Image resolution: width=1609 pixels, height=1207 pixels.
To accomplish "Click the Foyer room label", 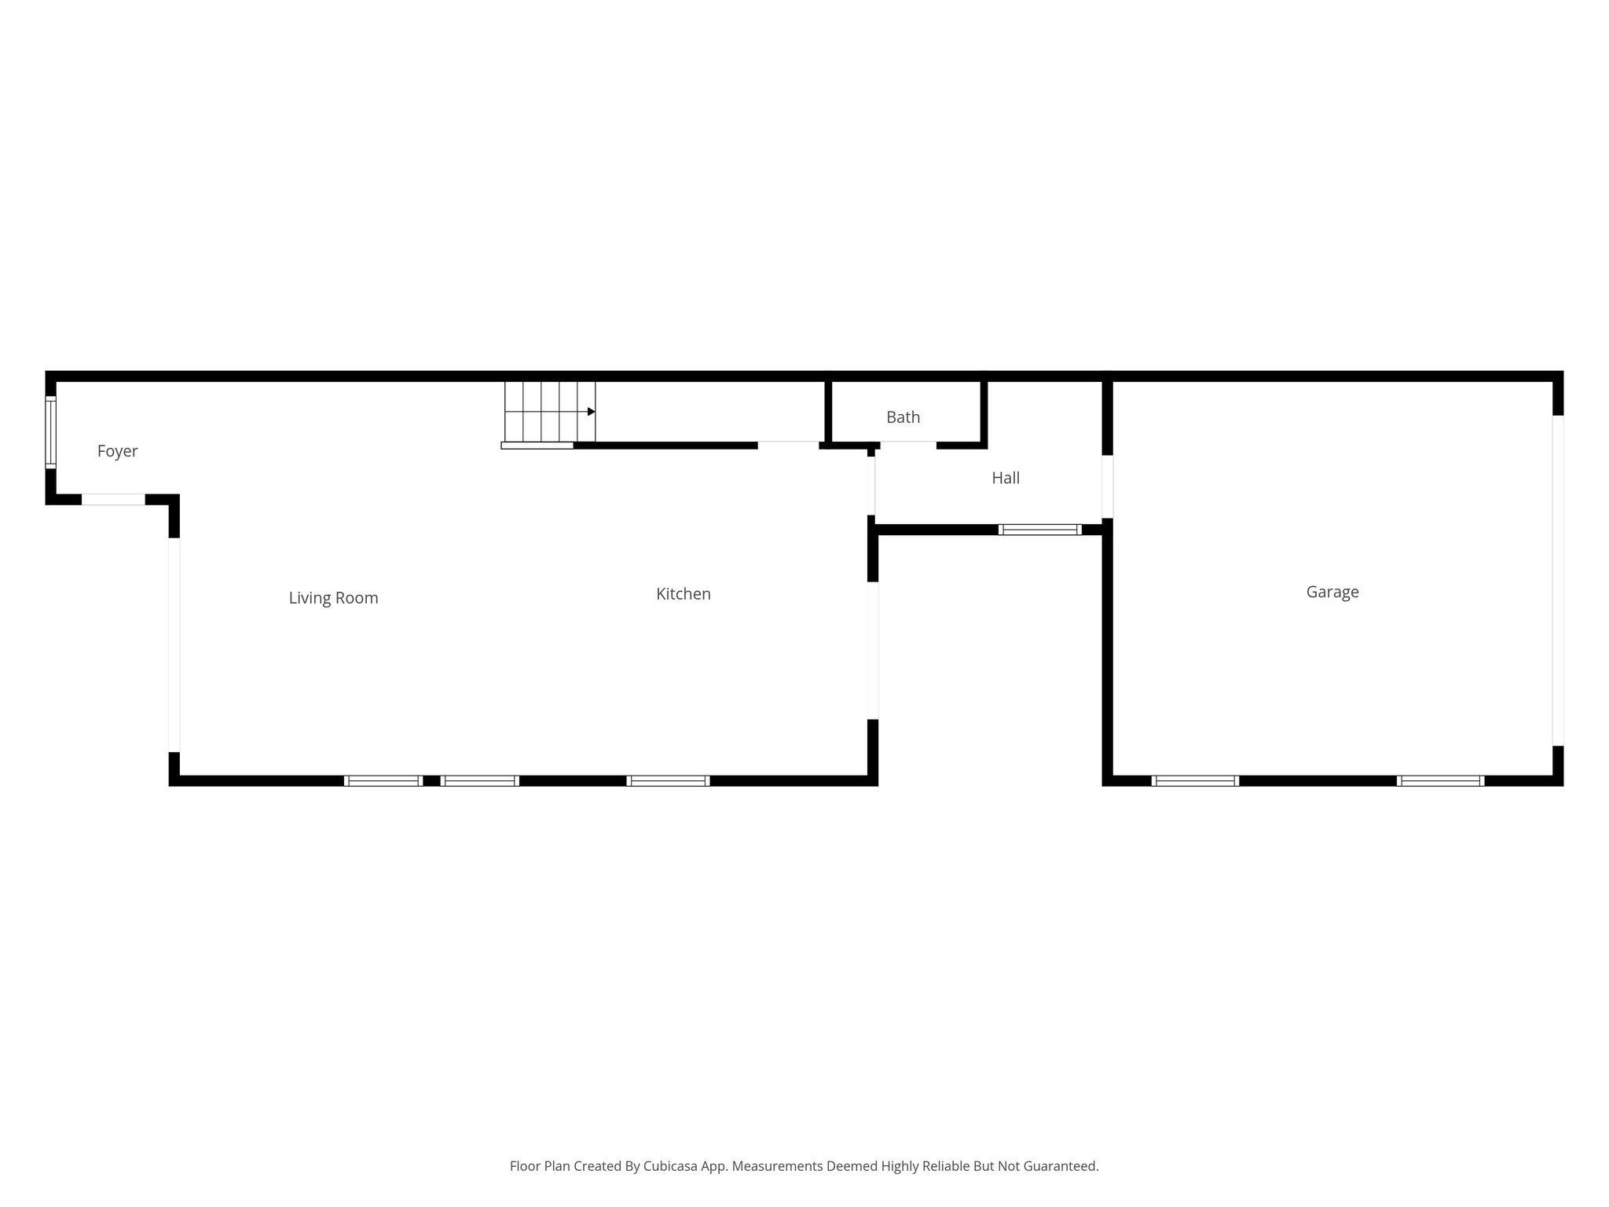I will point(117,451).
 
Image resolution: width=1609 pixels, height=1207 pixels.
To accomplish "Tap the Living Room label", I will point(333,598).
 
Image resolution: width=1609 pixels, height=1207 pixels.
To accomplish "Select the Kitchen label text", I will point(683,594).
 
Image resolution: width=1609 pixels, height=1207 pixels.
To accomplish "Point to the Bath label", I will point(903,417).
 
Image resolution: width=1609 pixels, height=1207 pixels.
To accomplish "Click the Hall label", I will point(1005,478).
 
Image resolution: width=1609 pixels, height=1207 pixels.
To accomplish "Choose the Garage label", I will point(1332,592).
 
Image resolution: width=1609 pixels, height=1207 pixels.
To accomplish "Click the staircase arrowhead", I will point(591,412).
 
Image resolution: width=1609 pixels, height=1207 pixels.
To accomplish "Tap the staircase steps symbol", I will point(549,412).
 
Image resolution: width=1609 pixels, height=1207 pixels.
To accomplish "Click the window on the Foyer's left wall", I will point(51,432).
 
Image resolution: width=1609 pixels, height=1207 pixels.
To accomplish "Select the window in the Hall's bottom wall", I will point(1039,530).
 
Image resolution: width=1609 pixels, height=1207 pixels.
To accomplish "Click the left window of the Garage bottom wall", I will point(1194,780).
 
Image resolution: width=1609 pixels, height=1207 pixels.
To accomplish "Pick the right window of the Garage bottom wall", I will point(1440,780).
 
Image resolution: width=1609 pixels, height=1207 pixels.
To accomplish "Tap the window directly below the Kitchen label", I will point(668,780).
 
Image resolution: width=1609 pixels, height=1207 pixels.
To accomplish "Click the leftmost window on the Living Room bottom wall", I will point(383,780).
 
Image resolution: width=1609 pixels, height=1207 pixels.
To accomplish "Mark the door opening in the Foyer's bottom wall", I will point(113,499).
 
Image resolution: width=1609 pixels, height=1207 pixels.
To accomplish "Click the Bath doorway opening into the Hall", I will point(907,446).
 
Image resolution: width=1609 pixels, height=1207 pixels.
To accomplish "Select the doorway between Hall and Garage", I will point(1107,486).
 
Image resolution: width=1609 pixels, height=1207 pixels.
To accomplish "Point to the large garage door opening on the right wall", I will point(1557,580).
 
